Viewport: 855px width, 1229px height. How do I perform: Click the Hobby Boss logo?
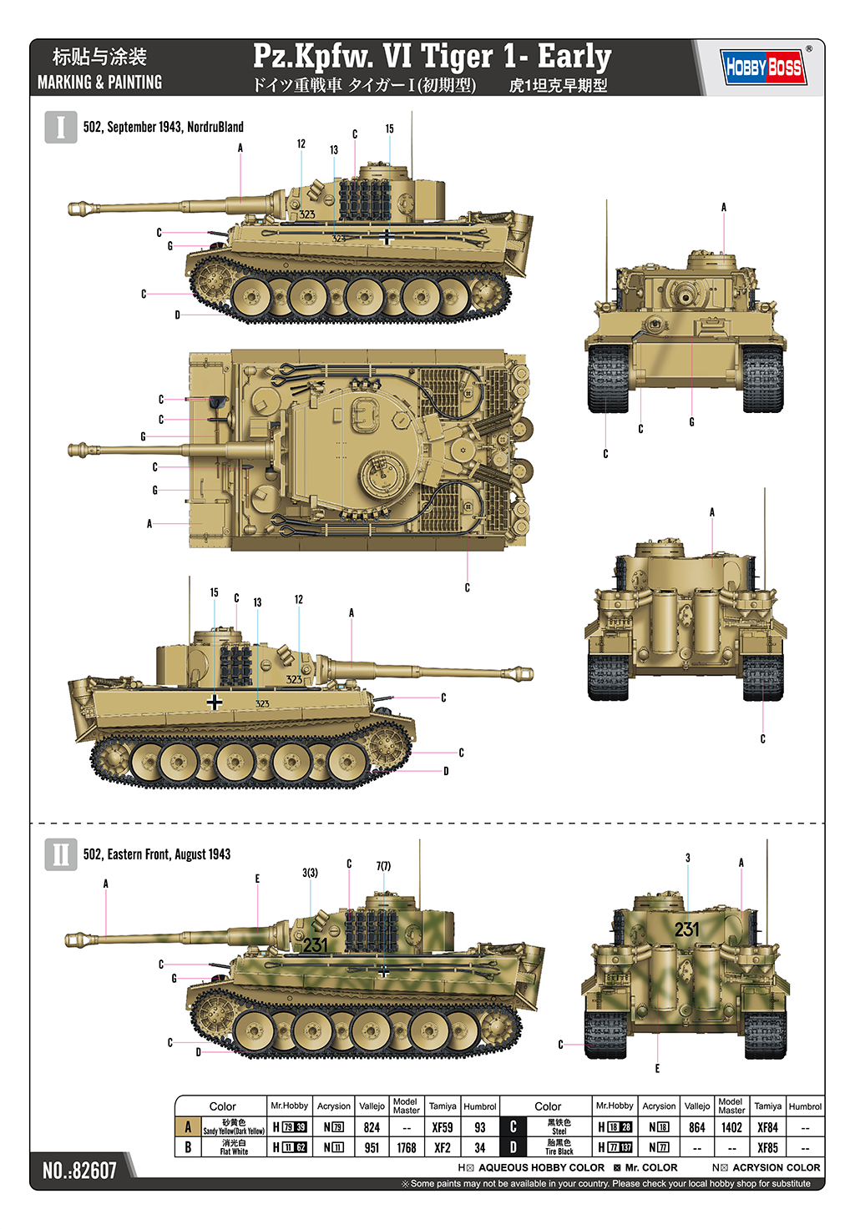763,67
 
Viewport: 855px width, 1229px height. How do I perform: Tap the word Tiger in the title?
457,57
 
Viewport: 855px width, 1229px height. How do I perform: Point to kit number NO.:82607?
79,1170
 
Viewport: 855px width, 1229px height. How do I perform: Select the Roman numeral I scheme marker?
60,128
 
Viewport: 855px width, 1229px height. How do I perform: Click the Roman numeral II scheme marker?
60,854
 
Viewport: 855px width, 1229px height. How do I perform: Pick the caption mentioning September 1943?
163,127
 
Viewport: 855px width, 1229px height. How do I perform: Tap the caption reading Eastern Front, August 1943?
156,854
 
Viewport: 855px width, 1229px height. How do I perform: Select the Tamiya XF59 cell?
443,1127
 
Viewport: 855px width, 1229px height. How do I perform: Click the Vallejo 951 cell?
372,1147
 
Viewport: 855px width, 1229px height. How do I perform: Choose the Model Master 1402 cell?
731,1127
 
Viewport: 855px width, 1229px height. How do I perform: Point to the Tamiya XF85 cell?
767,1147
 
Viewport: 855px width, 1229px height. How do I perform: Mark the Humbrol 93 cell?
480,1127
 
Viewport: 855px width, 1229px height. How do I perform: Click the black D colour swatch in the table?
513,1147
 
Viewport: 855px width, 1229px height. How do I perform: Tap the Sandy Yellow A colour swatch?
188,1127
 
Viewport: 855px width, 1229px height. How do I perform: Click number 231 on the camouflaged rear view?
686,929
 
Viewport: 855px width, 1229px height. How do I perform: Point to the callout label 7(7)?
383,866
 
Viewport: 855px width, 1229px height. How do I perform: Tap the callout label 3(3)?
310,873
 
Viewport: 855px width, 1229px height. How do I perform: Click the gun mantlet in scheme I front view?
686,294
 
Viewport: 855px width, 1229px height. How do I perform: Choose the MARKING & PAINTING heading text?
99,83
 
